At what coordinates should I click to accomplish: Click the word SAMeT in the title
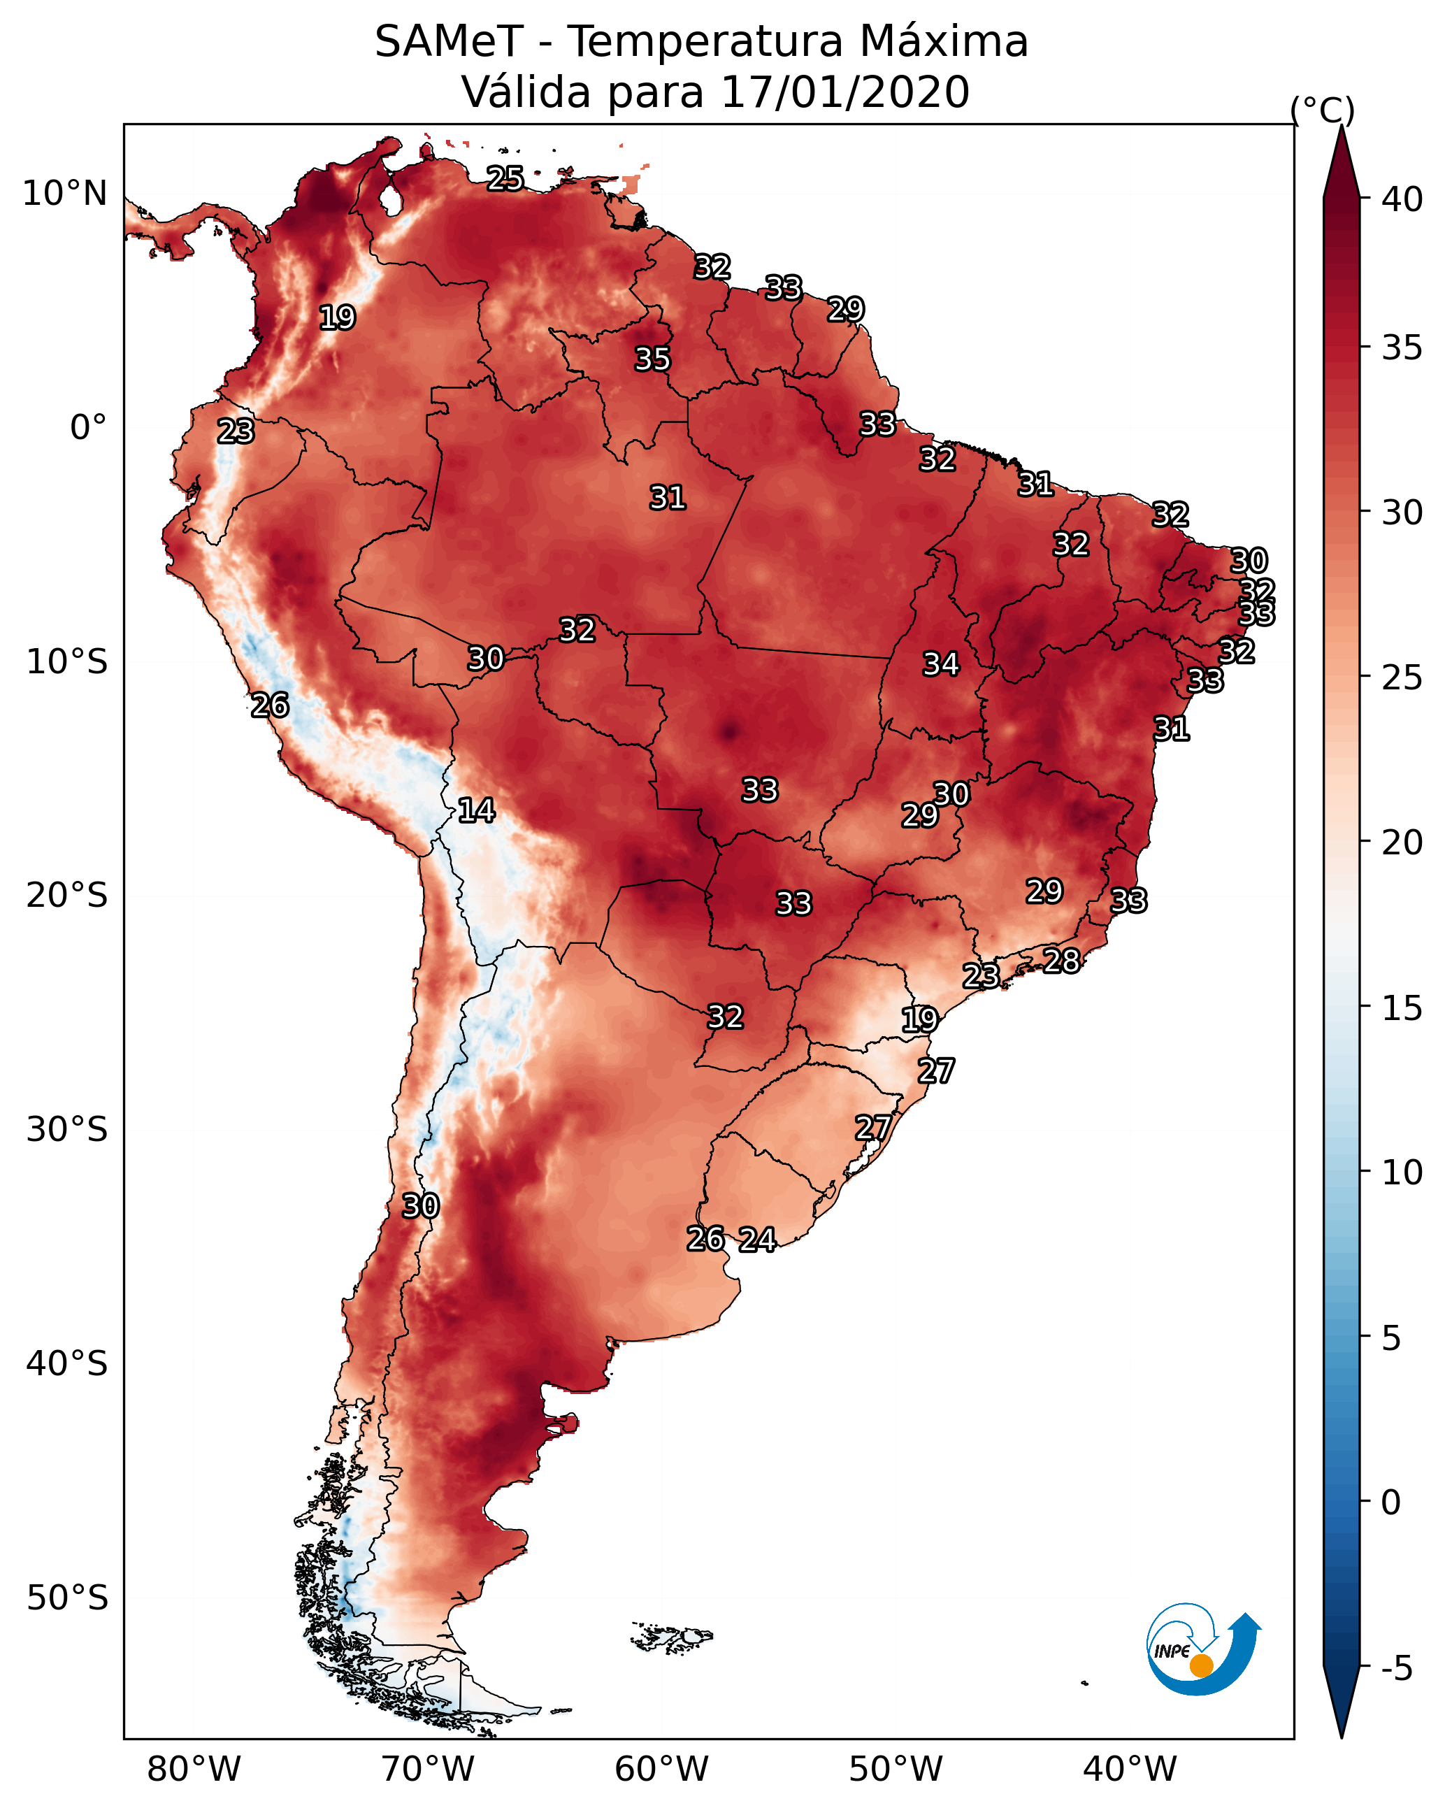450,42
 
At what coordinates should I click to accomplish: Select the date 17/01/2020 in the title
844,92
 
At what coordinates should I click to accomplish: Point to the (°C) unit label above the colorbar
1322,110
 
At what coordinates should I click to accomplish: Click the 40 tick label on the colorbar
1402,199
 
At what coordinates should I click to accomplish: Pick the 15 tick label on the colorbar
1402,1008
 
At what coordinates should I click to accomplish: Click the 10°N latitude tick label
64,194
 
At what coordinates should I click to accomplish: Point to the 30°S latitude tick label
67,1130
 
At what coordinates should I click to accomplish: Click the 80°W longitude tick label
194,1769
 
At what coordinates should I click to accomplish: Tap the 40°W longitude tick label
1130,1769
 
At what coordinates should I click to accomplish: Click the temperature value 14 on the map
476,810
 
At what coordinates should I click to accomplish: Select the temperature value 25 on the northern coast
505,178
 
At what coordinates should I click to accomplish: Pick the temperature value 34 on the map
941,664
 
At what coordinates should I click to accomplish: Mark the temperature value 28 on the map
1062,960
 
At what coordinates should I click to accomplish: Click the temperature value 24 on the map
757,1240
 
